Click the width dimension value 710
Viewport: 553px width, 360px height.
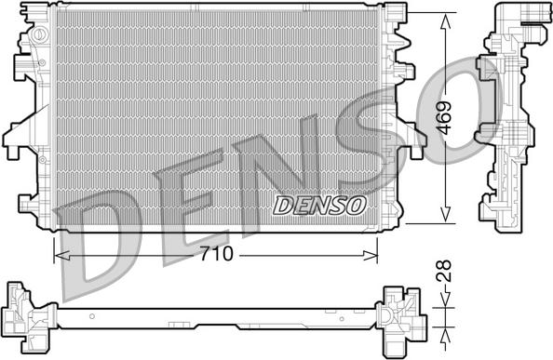pyautogui.click(x=216, y=253)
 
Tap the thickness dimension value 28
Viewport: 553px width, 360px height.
pyautogui.click(x=447, y=272)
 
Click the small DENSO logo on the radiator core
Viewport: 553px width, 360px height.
pyautogui.click(x=319, y=205)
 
